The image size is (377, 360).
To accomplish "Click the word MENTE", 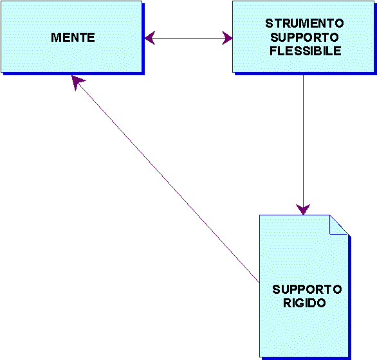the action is (x=73, y=37).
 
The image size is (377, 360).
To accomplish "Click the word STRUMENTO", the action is (x=304, y=23).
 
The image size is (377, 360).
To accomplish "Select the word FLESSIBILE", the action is (x=306, y=51).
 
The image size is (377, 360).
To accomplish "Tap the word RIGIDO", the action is (x=304, y=303).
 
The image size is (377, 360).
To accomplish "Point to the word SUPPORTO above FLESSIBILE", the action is (x=304, y=37).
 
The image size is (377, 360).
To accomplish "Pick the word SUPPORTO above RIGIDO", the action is (x=307, y=289).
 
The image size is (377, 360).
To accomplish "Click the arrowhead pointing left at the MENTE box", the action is (x=150, y=38).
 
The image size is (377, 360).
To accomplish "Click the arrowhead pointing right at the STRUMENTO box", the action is (x=227, y=38).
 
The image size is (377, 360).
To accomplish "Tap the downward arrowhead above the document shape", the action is (x=303, y=210).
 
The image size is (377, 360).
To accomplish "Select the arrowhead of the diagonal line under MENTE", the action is (x=77, y=82).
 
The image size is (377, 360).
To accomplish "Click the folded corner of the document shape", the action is (x=338, y=225).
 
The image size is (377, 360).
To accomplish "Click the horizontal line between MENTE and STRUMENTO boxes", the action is (x=188, y=38).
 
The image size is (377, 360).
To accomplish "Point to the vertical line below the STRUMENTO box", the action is (x=303, y=145).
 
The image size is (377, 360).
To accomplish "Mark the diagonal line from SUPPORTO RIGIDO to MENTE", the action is (x=165, y=179).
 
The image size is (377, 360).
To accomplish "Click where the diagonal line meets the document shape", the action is (x=259, y=283).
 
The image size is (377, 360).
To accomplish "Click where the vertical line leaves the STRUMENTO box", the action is (x=303, y=75).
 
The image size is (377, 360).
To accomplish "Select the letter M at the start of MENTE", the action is (x=55, y=37).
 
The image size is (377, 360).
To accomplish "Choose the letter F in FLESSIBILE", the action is (x=273, y=51).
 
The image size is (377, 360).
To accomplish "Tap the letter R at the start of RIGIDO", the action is (x=287, y=303).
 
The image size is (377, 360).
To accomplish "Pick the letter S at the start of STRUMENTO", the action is (x=269, y=23).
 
